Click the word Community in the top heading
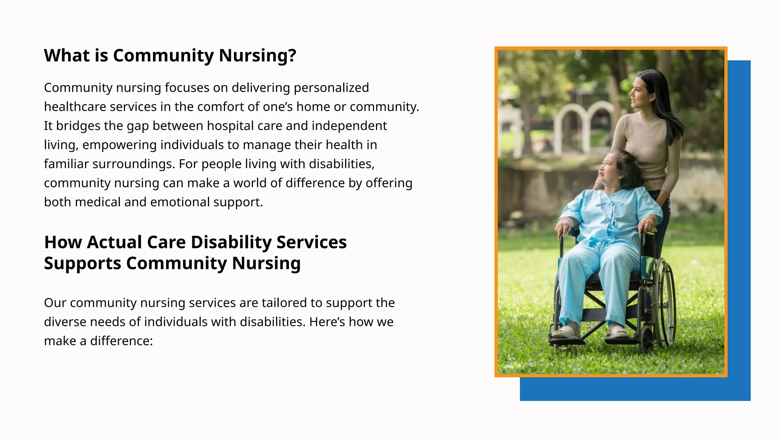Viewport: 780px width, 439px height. (x=163, y=56)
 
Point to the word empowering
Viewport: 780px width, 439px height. (x=119, y=145)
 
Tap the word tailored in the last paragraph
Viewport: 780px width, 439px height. (x=284, y=303)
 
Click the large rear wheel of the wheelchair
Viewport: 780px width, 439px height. (x=664, y=301)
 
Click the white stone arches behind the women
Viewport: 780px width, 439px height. (x=587, y=122)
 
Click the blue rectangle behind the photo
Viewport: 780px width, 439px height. (x=739, y=229)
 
